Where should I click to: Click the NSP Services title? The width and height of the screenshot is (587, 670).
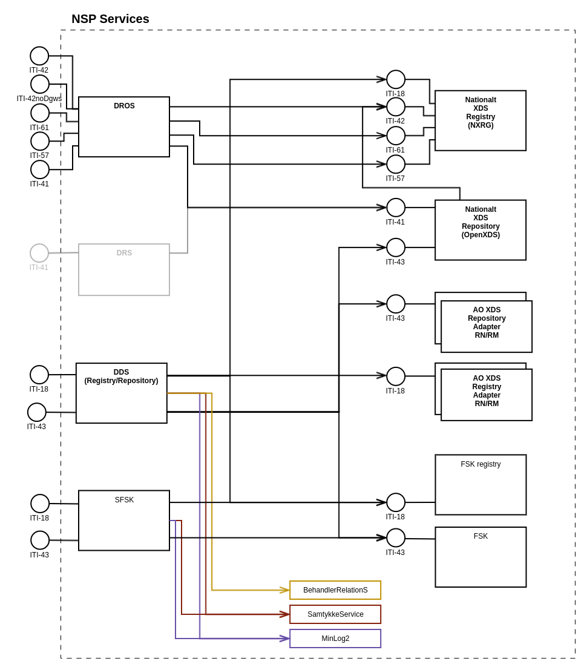[110, 19]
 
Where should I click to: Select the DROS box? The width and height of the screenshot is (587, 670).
[124, 126]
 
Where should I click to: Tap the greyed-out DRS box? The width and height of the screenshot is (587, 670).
[124, 269]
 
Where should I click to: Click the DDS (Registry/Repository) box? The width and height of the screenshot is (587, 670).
[121, 393]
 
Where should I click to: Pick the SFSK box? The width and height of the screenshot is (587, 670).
[124, 520]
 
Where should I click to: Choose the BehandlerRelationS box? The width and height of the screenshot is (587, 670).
[335, 590]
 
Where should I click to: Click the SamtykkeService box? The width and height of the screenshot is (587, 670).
[335, 614]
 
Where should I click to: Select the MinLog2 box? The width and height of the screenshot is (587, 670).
[335, 639]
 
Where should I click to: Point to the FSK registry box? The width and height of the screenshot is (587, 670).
[480, 484]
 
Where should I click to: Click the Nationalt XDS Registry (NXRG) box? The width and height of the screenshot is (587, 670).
[480, 120]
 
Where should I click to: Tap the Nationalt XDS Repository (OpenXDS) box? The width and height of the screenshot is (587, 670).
[480, 230]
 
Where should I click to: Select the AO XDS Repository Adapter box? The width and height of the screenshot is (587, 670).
[487, 326]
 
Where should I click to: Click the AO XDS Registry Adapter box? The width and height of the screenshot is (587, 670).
[487, 395]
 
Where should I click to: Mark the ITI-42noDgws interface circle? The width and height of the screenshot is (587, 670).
[40, 84]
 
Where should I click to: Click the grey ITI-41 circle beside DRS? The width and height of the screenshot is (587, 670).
[39, 253]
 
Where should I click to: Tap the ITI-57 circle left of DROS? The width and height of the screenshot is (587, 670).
[40, 141]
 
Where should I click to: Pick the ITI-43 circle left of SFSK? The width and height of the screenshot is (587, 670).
[40, 540]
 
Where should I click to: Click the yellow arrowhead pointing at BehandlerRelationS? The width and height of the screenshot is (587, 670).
[285, 590]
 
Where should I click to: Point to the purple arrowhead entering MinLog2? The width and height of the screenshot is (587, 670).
[285, 639]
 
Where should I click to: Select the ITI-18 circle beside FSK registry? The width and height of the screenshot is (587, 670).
[396, 502]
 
